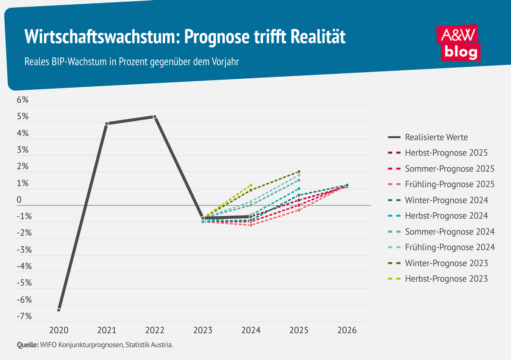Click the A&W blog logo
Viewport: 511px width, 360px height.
coord(459,43)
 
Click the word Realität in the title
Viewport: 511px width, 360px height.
coord(318,37)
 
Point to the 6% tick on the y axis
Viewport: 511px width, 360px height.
coord(23,100)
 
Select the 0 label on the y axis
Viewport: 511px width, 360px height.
coord(19,200)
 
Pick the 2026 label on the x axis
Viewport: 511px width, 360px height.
coord(347,330)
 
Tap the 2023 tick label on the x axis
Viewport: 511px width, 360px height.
coord(203,330)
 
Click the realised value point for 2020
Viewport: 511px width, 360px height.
coord(59,310)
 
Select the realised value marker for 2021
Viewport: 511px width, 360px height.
coord(107,124)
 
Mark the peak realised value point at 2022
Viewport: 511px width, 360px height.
coord(155,117)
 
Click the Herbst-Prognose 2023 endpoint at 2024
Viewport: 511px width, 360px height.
coord(251,185)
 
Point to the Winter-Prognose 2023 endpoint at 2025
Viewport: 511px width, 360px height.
coord(299,172)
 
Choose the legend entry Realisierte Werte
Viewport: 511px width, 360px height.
coord(436,137)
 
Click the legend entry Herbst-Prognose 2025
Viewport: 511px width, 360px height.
coord(446,153)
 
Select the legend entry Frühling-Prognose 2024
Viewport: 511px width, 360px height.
coord(449,247)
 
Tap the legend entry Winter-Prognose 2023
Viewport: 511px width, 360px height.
coord(446,263)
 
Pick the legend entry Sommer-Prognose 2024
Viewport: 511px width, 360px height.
coord(449,231)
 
